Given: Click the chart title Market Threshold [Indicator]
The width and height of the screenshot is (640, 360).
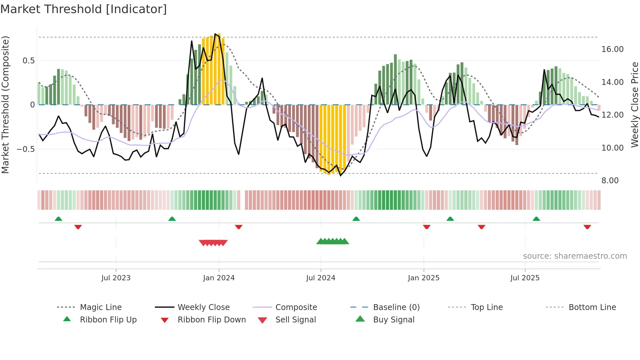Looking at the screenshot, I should (84, 9).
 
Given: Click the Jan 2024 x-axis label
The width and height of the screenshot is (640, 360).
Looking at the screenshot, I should (219, 278).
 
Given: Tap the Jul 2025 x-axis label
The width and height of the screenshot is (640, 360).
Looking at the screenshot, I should (525, 278).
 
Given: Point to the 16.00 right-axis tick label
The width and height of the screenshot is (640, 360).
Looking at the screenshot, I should (612, 49).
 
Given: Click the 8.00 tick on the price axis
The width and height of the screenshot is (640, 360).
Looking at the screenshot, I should (610, 181).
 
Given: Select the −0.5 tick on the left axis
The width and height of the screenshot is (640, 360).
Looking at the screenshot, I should (25, 149).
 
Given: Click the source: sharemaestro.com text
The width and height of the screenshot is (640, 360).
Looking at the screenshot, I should (575, 256).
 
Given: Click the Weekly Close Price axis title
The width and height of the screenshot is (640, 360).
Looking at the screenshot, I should (634, 105).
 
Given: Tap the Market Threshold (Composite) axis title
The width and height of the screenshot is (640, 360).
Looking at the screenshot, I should (5, 105).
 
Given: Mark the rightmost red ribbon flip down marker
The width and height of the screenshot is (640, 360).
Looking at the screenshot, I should (587, 227).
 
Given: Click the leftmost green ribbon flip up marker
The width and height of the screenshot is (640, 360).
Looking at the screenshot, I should (58, 219).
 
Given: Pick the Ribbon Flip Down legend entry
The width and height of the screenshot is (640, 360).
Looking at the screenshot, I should (212, 320).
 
